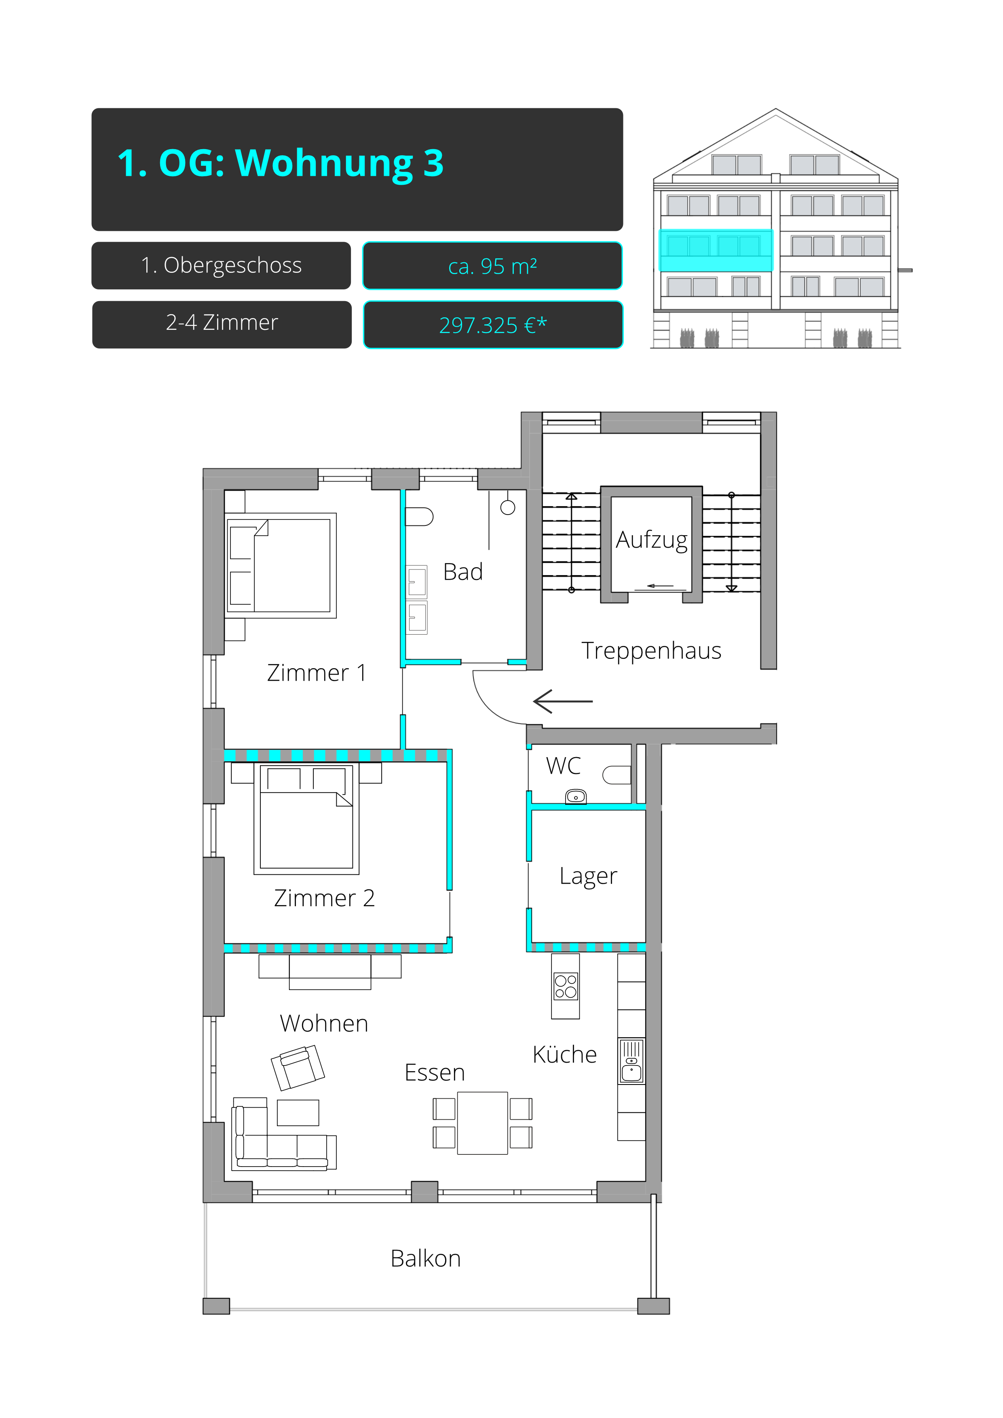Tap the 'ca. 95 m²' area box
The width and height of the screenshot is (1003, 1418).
492,266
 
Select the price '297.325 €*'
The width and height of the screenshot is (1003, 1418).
493,325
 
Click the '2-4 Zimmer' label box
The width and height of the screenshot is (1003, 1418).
222,324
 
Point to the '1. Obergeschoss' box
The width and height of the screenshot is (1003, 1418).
221,266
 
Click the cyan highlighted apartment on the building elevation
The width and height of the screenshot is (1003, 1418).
716,250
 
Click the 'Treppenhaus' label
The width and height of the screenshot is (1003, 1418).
652,650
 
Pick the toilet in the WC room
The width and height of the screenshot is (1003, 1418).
617,775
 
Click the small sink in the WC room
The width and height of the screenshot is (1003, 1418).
576,797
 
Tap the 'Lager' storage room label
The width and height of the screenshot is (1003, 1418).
588,876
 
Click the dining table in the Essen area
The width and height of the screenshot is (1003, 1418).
482,1123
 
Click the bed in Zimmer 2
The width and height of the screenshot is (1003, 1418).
306,819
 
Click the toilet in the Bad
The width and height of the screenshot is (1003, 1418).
419,516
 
